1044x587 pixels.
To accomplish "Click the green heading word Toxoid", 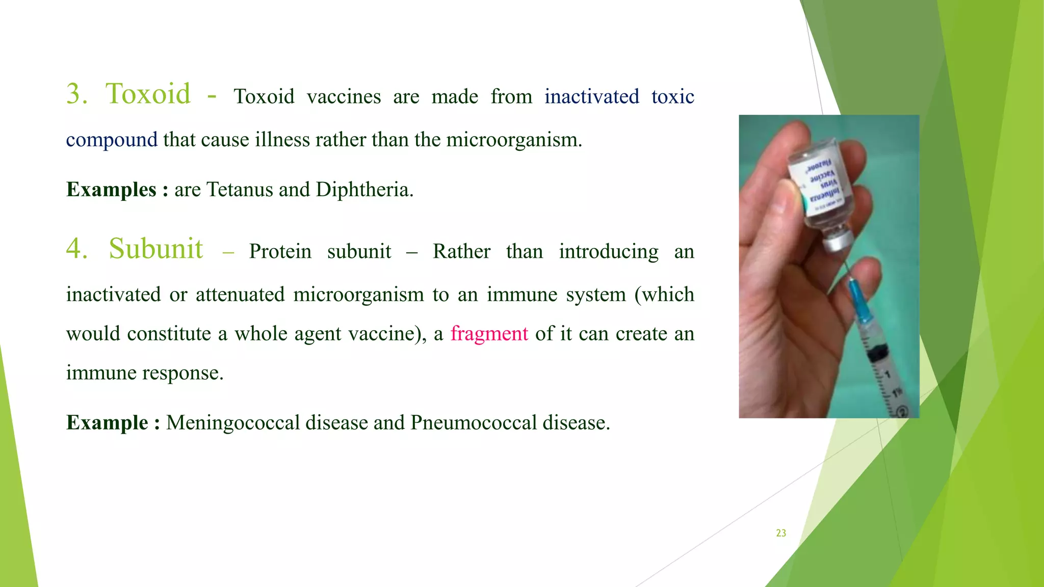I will tap(148, 94).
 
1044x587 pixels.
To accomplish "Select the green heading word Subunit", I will tap(156, 249).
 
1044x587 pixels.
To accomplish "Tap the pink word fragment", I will tap(489, 334).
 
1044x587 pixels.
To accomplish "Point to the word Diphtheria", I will tap(363, 190).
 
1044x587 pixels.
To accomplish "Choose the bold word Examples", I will tap(111, 190).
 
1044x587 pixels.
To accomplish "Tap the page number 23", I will tap(781, 533).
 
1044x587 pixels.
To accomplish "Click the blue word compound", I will tap(112, 140).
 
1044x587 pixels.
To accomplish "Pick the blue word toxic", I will tap(672, 97).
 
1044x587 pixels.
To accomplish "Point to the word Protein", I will tap(280, 252).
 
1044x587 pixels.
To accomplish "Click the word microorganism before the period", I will tap(512, 140).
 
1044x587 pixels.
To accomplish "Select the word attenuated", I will tap(240, 295).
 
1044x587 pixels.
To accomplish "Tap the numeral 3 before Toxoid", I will tap(76, 94).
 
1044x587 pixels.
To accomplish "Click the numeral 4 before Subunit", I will tap(76, 249).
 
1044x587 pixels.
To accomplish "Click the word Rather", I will tap(461, 252).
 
